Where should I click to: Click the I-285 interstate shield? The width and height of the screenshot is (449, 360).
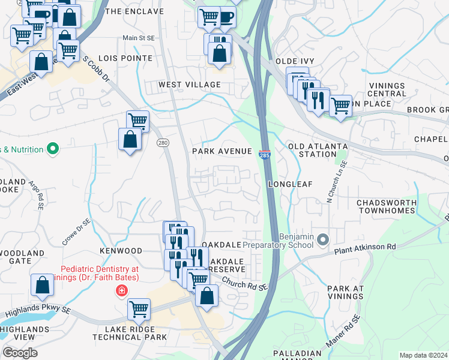[x=265, y=155]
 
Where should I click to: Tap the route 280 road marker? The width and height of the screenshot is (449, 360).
[x=163, y=142]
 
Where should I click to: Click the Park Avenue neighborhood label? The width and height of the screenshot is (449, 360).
[x=221, y=151]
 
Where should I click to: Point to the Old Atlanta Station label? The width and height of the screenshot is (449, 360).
[x=318, y=150]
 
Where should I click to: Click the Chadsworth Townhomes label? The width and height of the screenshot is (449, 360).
[x=386, y=206]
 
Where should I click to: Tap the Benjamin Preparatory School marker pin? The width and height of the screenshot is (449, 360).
[x=323, y=240]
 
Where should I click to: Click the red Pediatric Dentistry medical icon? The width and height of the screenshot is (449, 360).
[x=122, y=291]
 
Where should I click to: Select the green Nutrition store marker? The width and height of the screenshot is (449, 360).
[x=52, y=149]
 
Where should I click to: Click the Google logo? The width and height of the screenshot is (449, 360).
[x=20, y=352]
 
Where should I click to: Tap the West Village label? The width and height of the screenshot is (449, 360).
[x=190, y=85]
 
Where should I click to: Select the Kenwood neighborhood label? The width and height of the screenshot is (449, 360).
[x=121, y=251]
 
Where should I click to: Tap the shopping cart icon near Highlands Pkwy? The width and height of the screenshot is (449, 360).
[x=139, y=309]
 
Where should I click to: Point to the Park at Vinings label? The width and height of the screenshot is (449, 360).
[x=346, y=293]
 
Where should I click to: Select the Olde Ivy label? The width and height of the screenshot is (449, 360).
[x=295, y=61]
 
